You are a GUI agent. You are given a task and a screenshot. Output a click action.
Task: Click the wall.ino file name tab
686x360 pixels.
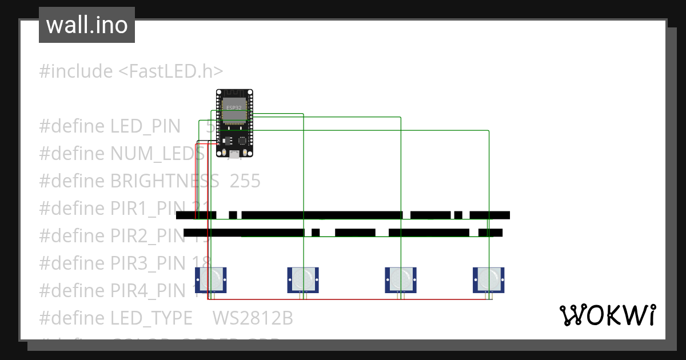(x=87, y=25)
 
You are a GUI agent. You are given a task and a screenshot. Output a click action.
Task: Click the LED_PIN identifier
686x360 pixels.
(x=145, y=126)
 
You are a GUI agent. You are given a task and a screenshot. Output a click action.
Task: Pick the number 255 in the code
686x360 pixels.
(x=245, y=181)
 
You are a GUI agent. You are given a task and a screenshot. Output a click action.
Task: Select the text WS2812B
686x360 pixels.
(x=253, y=318)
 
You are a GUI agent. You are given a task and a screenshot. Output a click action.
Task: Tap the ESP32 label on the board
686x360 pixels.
(x=234, y=107)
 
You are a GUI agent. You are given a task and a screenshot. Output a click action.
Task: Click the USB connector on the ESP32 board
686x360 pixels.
(x=235, y=154)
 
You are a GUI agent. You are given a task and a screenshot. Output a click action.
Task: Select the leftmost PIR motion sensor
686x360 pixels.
(x=211, y=279)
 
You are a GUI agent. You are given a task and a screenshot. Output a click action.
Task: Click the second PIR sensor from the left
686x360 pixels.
(x=302, y=279)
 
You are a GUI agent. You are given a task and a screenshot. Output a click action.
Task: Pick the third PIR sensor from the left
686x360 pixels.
(x=400, y=279)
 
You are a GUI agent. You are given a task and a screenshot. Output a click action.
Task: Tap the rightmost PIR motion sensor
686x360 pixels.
(x=488, y=279)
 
